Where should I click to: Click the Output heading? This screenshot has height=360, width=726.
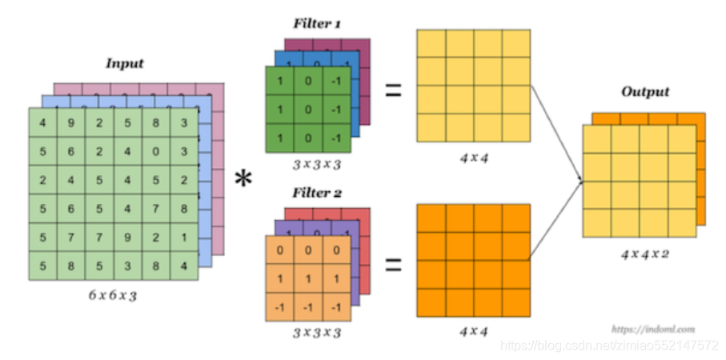coord(645,92)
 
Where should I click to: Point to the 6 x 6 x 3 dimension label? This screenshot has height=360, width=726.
coord(114,295)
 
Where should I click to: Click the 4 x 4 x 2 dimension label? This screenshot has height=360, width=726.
coord(645,254)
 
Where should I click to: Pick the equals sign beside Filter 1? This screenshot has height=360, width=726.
coord(393,90)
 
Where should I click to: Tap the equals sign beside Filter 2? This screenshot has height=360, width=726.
coord(393,264)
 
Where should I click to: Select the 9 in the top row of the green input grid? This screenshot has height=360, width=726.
coord(71,124)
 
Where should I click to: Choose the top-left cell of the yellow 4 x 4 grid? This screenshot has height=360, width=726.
coord(431,44)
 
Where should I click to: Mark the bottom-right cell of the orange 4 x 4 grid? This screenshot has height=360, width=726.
coord(515,303)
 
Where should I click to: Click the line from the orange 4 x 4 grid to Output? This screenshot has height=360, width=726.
coord(554,220)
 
